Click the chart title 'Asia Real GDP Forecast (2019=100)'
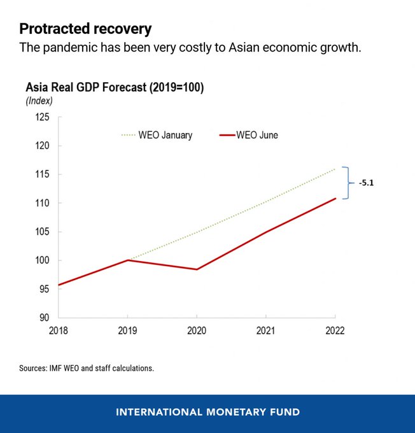[x=114, y=87]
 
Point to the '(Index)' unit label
[x=39, y=101]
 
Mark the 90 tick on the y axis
[x=43, y=318]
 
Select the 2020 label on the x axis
[x=197, y=331]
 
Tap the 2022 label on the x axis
[x=335, y=331]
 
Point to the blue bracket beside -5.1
[x=347, y=183]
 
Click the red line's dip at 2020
[x=197, y=269]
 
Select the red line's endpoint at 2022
[x=335, y=199]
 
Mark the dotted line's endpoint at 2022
[x=335, y=169]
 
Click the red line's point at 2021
[x=266, y=232]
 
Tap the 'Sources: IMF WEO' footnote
[x=86, y=368]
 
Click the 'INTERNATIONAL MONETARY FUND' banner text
[x=207, y=413]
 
